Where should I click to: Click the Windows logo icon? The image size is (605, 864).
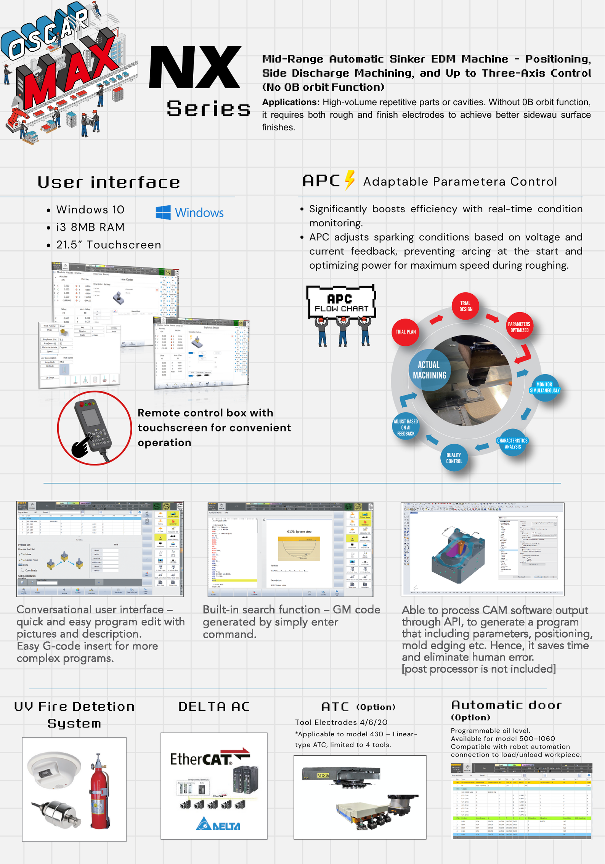coord(163,212)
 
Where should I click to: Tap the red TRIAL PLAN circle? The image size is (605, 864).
coord(405,332)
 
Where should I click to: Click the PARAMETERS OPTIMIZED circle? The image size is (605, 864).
coord(519,327)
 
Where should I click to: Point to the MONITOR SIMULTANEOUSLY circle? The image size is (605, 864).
coord(544,388)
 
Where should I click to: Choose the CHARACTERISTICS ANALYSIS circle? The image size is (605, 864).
coord(512,444)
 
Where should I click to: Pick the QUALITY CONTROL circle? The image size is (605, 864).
coord(454,458)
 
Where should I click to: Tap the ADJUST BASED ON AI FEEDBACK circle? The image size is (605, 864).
coord(406,427)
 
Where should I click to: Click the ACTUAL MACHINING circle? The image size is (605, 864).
coord(429,370)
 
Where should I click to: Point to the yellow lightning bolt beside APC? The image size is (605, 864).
coord(350,180)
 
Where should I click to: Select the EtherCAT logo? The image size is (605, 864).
coord(210,758)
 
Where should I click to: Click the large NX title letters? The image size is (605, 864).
coord(195,68)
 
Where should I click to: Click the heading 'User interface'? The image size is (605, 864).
coord(109,182)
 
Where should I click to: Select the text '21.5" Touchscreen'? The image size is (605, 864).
coord(109,245)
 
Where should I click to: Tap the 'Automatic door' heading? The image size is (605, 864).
coord(506,705)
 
